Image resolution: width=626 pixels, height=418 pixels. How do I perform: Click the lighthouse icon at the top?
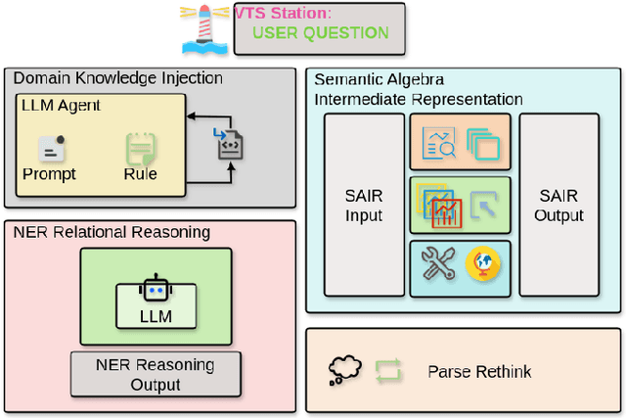point(205,27)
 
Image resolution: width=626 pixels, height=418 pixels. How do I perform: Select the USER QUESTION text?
point(320,32)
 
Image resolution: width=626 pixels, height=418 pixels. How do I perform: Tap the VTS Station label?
point(283,13)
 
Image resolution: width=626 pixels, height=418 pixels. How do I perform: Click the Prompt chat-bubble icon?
point(51,149)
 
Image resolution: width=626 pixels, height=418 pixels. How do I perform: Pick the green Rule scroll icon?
point(141,150)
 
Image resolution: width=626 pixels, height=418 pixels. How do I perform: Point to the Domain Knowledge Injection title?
point(117,78)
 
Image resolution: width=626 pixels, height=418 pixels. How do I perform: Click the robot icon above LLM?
point(156,291)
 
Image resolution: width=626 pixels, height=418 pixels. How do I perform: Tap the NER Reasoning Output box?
point(155,374)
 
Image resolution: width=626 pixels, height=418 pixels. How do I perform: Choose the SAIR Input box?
point(364,207)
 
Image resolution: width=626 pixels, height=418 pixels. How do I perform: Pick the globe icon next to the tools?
point(483,264)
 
